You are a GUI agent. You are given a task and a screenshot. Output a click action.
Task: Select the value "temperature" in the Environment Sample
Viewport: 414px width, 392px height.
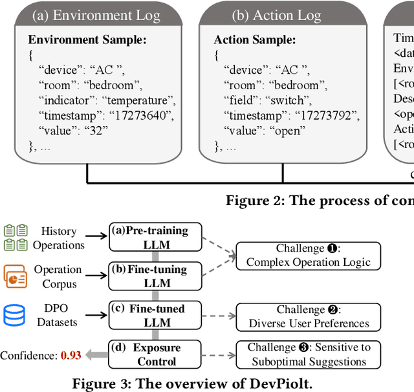click(140, 100)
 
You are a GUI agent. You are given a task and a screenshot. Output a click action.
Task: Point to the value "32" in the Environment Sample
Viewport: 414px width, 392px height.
click(96, 130)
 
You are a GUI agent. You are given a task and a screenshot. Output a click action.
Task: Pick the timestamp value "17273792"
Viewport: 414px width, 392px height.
click(327, 115)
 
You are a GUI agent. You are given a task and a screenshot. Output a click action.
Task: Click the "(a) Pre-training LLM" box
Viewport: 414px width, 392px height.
click(155, 237)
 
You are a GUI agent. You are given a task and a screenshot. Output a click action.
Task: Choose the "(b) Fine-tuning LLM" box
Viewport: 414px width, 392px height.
click(155, 276)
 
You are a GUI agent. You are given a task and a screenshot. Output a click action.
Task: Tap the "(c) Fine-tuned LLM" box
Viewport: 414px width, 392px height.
click(155, 316)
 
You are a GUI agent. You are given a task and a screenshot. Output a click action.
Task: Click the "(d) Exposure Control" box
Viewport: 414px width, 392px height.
click(155, 354)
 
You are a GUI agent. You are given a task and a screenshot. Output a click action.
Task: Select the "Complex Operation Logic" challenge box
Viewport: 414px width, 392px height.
click(309, 256)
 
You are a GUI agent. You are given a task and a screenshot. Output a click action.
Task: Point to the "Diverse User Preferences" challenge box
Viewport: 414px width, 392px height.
click(309, 316)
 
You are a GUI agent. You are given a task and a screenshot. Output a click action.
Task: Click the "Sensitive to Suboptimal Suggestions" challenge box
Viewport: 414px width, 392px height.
click(309, 354)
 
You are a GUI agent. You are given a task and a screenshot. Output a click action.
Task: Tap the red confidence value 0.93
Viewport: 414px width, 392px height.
click(71, 355)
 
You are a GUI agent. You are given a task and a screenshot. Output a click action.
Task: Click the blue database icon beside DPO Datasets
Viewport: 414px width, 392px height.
click(14, 316)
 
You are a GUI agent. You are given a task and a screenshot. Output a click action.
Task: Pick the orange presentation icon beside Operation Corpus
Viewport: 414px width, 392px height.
click(14, 276)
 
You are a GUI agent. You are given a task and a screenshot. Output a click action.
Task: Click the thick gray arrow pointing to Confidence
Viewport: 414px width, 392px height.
click(97, 354)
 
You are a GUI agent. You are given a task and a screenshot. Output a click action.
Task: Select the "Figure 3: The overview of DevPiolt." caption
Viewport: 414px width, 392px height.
click(192, 383)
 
